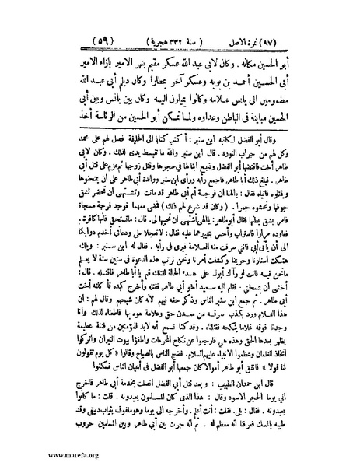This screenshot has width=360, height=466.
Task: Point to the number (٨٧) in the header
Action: [x=303, y=37]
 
